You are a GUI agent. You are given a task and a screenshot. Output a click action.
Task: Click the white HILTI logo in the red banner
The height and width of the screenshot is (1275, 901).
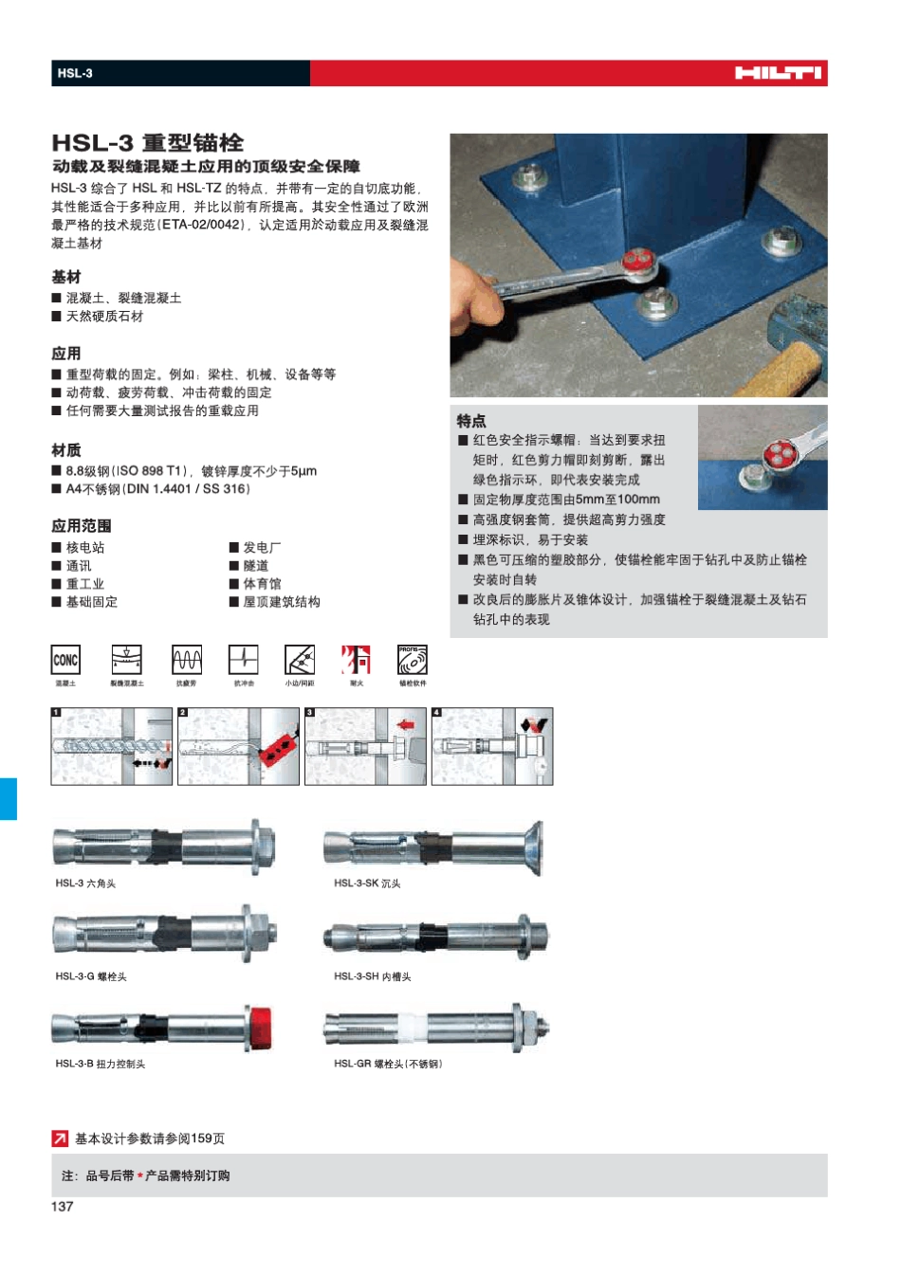[x=778, y=73]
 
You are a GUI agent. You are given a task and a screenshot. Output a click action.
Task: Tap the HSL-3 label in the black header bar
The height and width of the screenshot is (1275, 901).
[x=75, y=73]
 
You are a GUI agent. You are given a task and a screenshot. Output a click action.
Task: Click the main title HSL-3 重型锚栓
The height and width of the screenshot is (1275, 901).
[x=148, y=143]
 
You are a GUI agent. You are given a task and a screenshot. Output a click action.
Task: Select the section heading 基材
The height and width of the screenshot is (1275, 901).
[x=66, y=277]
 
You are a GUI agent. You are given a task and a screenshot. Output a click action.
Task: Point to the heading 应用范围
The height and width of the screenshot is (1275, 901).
[x=82, y=525]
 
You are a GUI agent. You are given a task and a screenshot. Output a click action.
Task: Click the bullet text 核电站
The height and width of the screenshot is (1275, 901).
[x=85, y=548]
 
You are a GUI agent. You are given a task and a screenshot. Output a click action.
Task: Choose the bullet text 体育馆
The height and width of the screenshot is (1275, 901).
[x=262, y=584]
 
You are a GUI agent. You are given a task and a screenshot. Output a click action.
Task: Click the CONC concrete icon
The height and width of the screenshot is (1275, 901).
[x=65, y=660]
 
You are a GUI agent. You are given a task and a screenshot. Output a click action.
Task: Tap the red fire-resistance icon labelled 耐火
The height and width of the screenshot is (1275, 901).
[x=356, y=660]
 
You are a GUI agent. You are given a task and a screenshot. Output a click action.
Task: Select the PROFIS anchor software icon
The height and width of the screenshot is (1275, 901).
[x=412, y=660]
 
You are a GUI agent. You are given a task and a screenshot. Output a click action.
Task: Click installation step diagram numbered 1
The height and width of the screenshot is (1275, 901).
[x=112, y=746]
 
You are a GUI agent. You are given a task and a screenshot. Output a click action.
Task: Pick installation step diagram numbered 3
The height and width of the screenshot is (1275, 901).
[x=365, y=746]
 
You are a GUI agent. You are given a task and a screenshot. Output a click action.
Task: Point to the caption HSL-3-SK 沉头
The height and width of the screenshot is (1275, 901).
[x=367, y=883]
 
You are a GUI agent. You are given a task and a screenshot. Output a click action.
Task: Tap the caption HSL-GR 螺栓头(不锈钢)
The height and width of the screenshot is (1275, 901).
[x=388, y=1064]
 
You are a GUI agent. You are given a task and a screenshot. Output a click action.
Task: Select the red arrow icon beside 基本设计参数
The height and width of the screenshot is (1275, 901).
[x=60, y=1138]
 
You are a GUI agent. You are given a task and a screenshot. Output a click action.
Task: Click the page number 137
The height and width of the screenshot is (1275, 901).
[x=62, y=1206]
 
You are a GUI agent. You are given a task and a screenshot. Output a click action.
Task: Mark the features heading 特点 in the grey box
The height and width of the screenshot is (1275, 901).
[x=471, y=421]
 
